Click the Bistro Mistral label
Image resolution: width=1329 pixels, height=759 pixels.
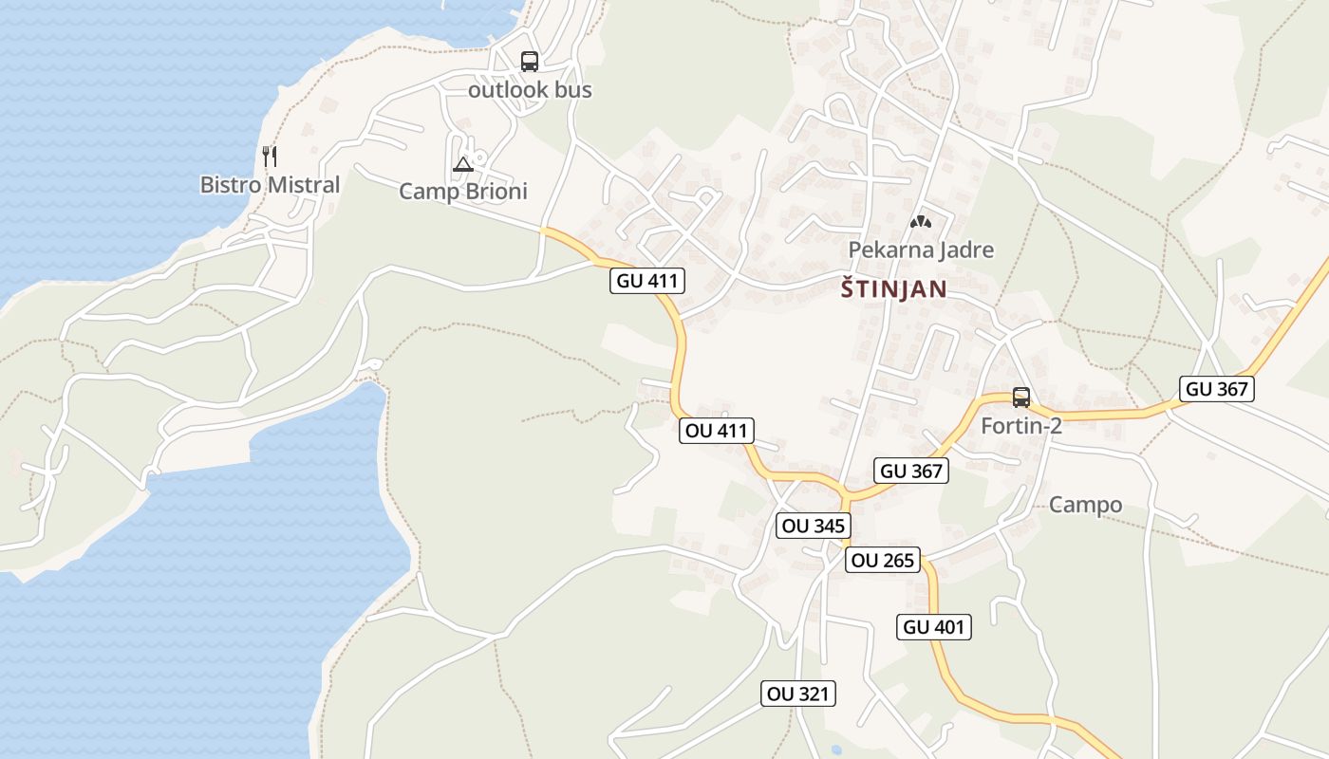[x=270, y=185]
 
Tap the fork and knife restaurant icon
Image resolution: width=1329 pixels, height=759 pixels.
[x=270, y=156]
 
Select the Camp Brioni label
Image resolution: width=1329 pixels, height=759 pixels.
[x=462, y=192]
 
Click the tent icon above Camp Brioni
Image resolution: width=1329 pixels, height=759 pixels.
[x=462, y=164]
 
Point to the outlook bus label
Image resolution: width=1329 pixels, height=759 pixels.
[x=530, y=90]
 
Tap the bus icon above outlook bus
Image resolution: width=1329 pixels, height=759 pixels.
[x=530, y=62]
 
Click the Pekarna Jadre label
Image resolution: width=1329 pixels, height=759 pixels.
[x=921, y=250]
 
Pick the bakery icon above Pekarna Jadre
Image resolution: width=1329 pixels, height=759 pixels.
[x=919, y=222]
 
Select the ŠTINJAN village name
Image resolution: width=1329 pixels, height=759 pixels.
[x=893, y=289]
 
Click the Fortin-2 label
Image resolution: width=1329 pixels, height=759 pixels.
[x=1021, y=426]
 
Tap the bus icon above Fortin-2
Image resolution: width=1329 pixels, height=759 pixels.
[x=1021, y=398]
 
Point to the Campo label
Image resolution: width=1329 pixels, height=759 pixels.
[x=1085, y=505]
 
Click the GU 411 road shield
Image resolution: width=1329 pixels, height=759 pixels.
[x=646, y=281]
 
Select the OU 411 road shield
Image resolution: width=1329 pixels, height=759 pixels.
[x=717, y=431]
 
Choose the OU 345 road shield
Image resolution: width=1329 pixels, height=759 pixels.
[x=813, y=526]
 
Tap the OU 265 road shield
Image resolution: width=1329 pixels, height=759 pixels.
[x=883, y=561]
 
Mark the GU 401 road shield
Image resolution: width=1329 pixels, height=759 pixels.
[x=934, y=627]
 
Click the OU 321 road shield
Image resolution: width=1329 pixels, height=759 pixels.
[x=798, y=694]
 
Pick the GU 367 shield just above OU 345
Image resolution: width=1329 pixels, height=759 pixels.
[x=911, y=471]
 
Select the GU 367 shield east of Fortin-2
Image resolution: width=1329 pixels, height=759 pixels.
[x=1217, y=388]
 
